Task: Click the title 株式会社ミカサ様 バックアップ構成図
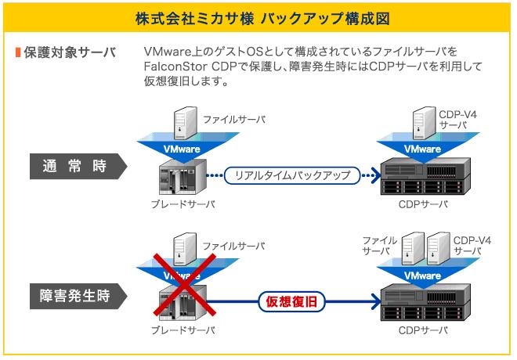(258, 16)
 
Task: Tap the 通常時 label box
(74, 166)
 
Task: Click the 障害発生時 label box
(74, 297)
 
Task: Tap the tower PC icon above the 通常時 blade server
(183, 123)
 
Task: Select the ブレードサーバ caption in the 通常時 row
(183, 204)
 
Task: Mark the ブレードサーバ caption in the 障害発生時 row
(183, 332)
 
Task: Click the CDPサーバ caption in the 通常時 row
(423, 204)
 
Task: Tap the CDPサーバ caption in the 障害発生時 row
(423, 332)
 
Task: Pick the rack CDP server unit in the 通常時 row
(424, 177)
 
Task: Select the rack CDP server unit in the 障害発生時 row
(424, 303)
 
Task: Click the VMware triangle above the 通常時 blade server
(182, 148)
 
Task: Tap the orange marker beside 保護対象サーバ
(17, 52)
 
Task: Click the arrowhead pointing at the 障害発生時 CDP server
(374, 299)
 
